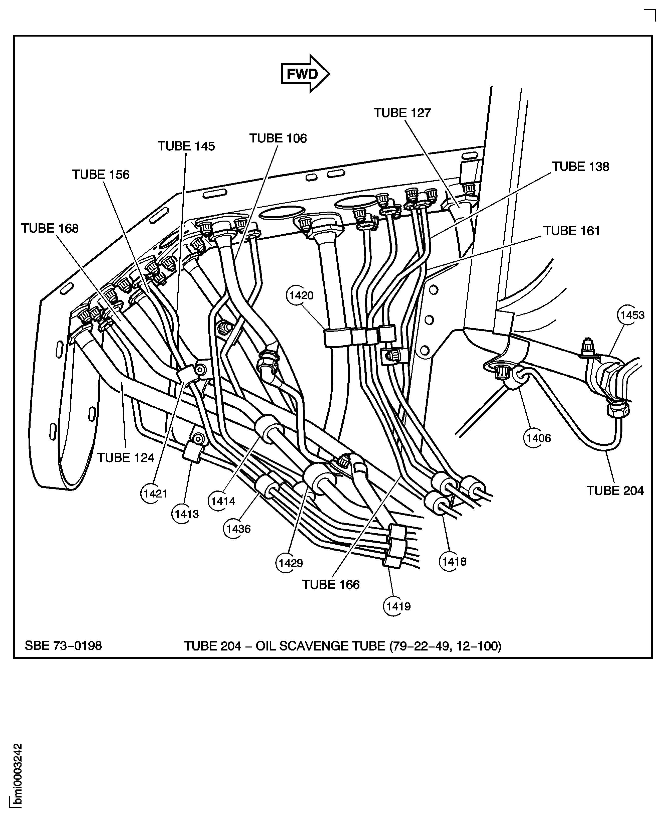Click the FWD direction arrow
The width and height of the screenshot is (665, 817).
(305, 74)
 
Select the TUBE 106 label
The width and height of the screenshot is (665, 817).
(278, 138)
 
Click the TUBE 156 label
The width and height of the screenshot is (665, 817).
(101, 175)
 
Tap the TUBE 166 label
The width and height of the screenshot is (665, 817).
(331, 585)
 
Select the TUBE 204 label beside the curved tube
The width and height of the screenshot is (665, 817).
(615, 491)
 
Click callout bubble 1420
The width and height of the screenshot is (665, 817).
(301, 295)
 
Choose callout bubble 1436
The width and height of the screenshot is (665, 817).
(238, 529)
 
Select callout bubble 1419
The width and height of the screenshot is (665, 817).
(398, 606)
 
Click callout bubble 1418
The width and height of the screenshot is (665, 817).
(454, 562)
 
